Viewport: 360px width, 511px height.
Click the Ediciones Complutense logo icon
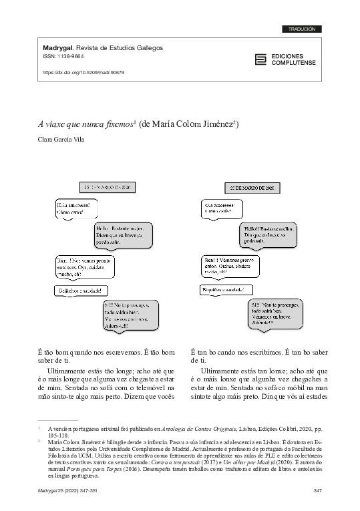point(260,59)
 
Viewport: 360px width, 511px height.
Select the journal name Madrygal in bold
point(58,49)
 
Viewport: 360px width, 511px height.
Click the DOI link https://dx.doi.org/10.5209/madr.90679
point(83,72)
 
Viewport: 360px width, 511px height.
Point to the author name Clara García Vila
point(68,140)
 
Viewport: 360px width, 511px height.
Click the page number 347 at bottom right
point(318,491)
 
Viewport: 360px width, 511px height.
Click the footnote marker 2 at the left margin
point(39,442)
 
